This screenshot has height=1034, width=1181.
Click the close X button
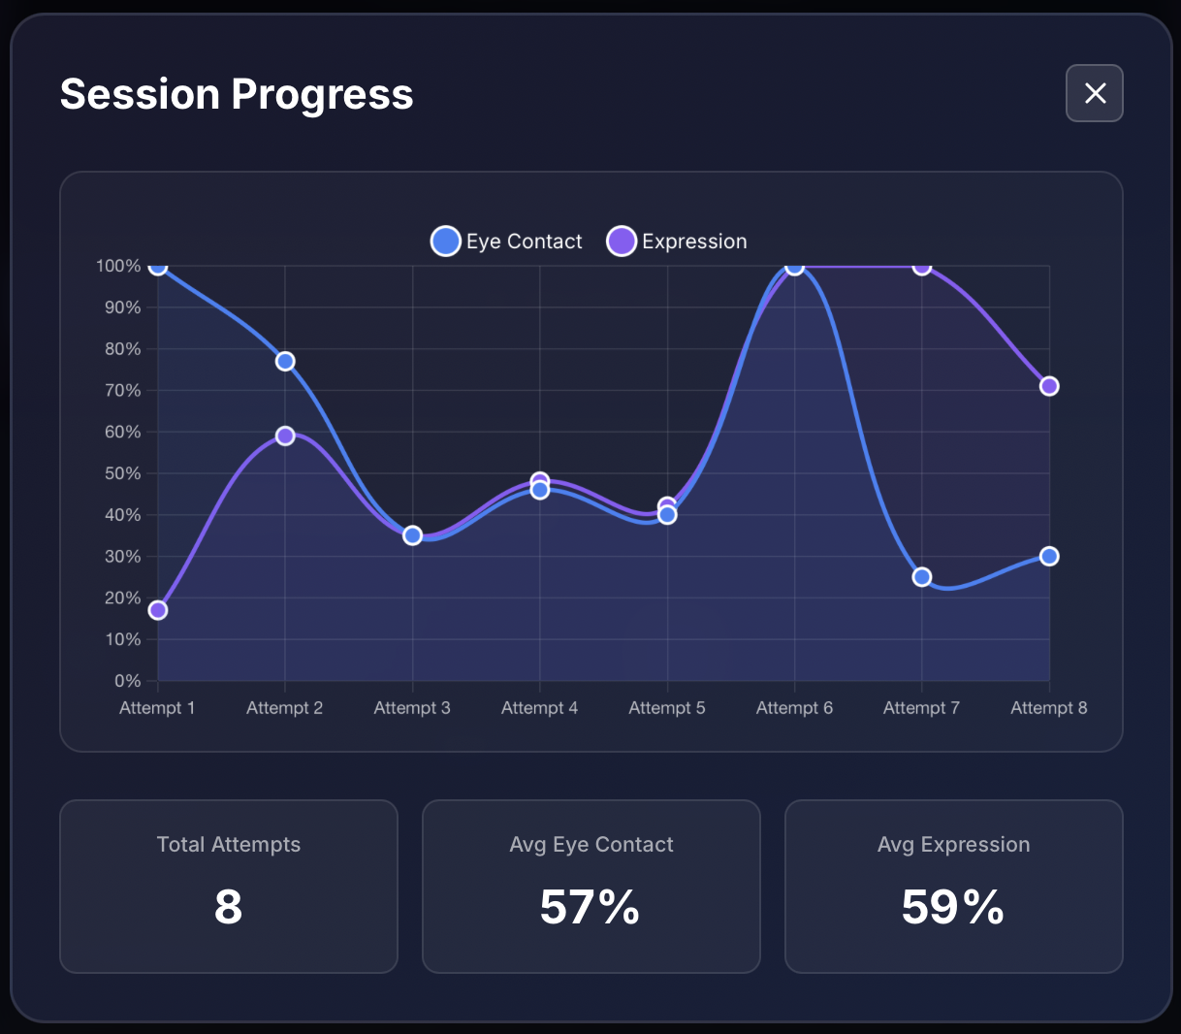tap(1095, 93)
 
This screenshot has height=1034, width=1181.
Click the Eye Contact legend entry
tap(507, 242)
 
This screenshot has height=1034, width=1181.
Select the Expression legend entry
tap(677, 242)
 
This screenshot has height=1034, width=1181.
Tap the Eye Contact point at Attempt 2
tap(285, 362)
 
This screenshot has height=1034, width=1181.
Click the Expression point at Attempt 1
tap(158, 610)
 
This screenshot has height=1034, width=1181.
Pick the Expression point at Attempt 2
tap(285, 436)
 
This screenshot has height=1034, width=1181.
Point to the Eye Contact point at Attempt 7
tap(922, 577)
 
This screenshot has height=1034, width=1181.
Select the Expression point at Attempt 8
tap(1049, 386)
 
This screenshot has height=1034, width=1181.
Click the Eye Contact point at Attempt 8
tap(1049, 557)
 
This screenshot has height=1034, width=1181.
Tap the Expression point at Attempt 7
tap(922, 267)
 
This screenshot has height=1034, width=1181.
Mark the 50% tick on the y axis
tap(123, 473)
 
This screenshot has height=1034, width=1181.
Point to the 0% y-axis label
tap(128, 681)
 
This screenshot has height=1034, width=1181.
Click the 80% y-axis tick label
tap(123, 349)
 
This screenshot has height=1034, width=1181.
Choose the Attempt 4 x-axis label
tap(539, 708)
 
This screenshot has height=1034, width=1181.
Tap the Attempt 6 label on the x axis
tap(794, 708)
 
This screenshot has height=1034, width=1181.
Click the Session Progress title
tap(237, 94)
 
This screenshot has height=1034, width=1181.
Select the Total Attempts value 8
tap(228, 907)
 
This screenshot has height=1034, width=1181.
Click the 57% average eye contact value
tap(590, 907)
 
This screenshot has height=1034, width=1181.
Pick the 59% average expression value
tap(953, 907)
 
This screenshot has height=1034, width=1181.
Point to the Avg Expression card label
tap(953, 845)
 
